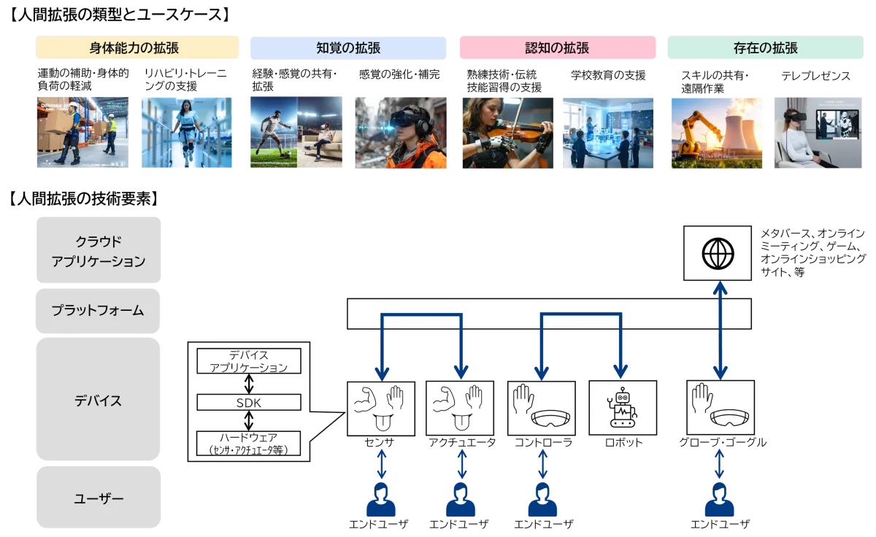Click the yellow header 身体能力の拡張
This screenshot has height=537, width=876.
tap(137, 49)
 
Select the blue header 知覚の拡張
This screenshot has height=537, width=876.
tap(347, 49)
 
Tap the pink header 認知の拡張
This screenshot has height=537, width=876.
tap(557, 49)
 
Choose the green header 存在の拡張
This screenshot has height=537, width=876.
tap(765, 49)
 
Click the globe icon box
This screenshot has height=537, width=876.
tap(718, 253)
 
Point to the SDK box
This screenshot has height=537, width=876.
tap(249, 402)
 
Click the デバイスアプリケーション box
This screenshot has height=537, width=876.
tap(249, 361)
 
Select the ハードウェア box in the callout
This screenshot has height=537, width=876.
tap(249, 444)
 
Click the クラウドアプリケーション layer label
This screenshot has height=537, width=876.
tap(99, 252)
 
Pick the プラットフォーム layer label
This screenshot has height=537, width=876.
tap(99, 310)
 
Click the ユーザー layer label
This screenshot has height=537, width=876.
tap(99, 499)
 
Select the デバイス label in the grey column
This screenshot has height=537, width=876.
tap(99, 401)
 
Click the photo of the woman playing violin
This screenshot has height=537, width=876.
tap(507, 131)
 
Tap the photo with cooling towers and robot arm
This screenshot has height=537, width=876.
tap(715, 131)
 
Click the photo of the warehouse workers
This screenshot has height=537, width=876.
tap(82, 131)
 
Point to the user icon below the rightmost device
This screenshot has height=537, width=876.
tap(719, 501)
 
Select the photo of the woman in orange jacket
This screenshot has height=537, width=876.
tap(400, 131)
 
